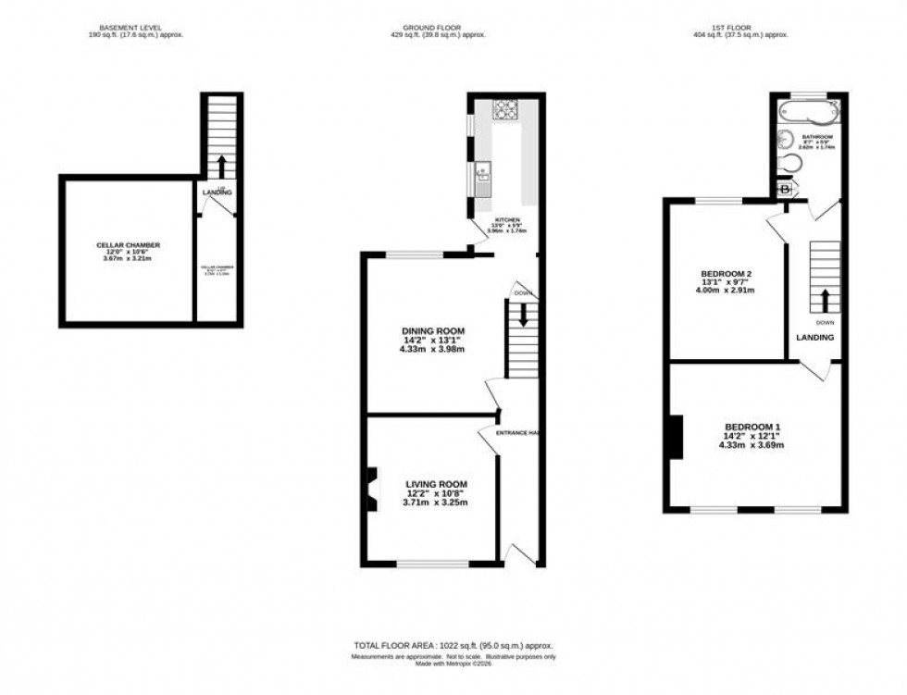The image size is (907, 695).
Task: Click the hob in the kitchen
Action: pyautogui.click(x=505, y=110)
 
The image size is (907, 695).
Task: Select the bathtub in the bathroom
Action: pyautogui.click(x=808, y=113)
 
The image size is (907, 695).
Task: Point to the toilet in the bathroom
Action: pyautogui.click(x=791, y=165)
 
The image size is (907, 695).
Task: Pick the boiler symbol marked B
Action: pyautogui.click(x=786, y=190)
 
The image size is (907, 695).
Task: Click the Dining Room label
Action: pyautogui.click(x=432, y=330)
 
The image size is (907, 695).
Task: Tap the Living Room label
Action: pyautogui.click(x=436, y=484)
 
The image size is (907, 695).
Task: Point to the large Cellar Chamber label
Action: pyautogui.click(x=129, y=245)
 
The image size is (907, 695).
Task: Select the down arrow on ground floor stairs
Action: pyautogui.click(x=523, y=315)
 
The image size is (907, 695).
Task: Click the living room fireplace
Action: pyautogui.click(x=370, y=489)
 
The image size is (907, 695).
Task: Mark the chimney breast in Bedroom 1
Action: pyautogui.click(x=675, y=437)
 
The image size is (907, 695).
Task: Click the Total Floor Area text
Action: pyautogui.click(x=453, y=645)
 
